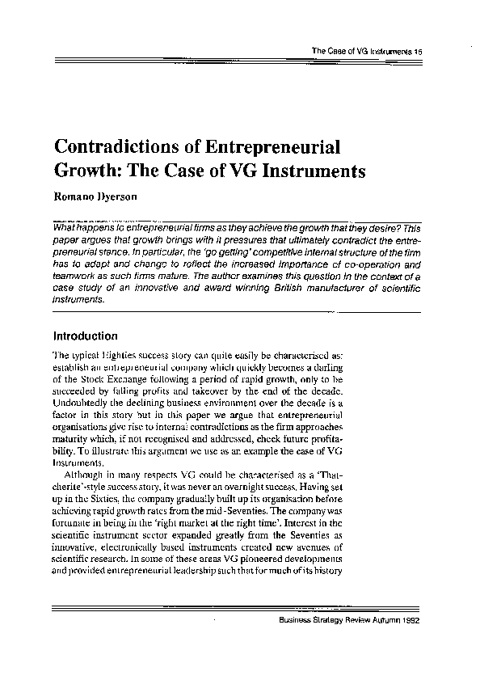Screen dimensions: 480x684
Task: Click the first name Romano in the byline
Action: click(75, 196)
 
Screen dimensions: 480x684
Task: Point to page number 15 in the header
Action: click(419, 51)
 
